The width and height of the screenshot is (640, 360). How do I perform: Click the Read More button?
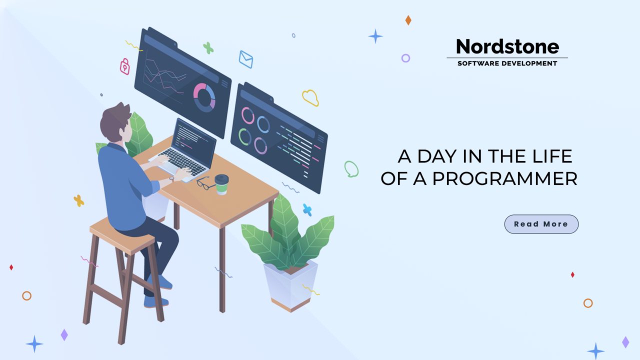coord(541,224)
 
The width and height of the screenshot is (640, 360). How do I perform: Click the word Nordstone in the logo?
coord(507,47)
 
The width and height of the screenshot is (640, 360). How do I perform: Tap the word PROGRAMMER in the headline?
coord(505,179)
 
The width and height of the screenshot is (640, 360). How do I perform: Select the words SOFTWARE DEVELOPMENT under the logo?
coord(507,63)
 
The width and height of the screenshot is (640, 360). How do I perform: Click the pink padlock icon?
coord(124,66)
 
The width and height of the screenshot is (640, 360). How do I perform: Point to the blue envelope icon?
coord(245,59)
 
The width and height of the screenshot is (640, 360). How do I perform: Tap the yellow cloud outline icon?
coord(310,97)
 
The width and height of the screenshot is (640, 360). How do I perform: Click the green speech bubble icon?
coord(351,169)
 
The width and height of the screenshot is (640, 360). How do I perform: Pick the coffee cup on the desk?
coord(221,184)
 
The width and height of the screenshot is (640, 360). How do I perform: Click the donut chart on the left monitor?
coord(204,97)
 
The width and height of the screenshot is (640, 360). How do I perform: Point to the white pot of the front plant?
coord(290,285)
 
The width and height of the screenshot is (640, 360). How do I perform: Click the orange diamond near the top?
coord(408,20)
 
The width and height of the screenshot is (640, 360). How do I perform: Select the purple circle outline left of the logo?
coord(405,58)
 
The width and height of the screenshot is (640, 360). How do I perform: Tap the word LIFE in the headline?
coord(550,156)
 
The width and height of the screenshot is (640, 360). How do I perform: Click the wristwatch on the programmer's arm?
coord(171,178)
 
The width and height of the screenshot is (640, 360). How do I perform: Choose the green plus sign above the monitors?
coord(208,48)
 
